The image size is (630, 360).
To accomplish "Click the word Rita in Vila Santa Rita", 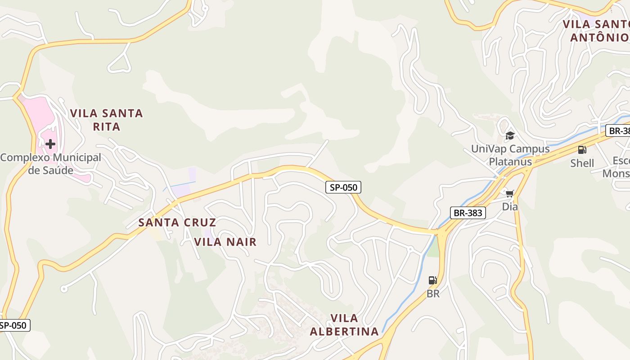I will [107, 126].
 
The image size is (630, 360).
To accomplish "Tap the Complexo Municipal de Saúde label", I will [50, 164].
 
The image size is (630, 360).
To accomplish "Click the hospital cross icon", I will [50, 144].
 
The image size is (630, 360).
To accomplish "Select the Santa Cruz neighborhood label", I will [177, 222].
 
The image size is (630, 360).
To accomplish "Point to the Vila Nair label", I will [225, 242].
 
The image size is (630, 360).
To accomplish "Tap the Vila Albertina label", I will [344, 325].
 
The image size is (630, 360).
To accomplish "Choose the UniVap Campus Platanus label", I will [510, 155].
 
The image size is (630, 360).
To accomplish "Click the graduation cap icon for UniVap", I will [510, 135].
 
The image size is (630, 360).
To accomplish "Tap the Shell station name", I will [582, 163].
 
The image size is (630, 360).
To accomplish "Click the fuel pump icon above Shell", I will [582, 150].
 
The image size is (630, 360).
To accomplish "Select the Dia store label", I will [510, 207].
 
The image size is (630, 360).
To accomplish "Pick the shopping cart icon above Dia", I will [509, 194].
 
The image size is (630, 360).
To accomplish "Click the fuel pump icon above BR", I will [432, 281].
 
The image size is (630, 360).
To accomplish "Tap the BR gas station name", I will [433, 294].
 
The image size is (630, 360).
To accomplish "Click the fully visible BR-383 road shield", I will [468, 213].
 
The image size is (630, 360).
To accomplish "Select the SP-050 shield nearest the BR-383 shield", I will [343, 187].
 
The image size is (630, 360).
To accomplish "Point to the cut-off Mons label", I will [616, 174].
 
